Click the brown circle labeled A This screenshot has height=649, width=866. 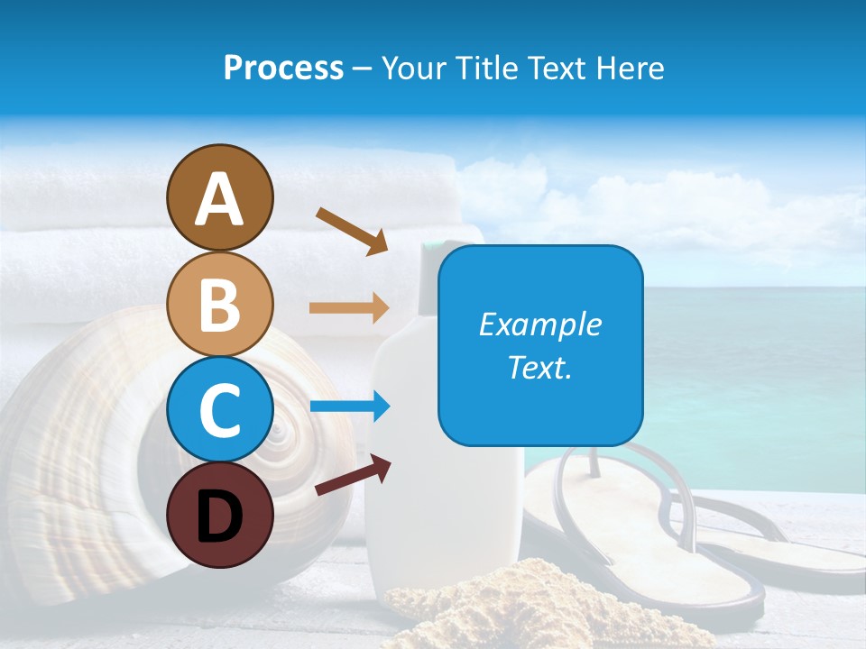(x=219, y=198)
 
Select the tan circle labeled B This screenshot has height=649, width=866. (x=219, y=305)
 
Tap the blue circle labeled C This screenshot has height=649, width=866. (x=219, y=410)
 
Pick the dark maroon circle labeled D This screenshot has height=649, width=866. (x=219, y=516)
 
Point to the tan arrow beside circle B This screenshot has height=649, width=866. (x=349, y=308)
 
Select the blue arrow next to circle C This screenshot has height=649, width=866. (x=349, y=407)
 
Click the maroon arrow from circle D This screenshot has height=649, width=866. (x=353, y=475)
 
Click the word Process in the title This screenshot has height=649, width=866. (x=283, y=69)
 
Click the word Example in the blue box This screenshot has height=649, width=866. (x=539, y=324)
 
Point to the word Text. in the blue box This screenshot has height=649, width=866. (x=539, y=367)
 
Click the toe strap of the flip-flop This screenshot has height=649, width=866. (x=595, y=464)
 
